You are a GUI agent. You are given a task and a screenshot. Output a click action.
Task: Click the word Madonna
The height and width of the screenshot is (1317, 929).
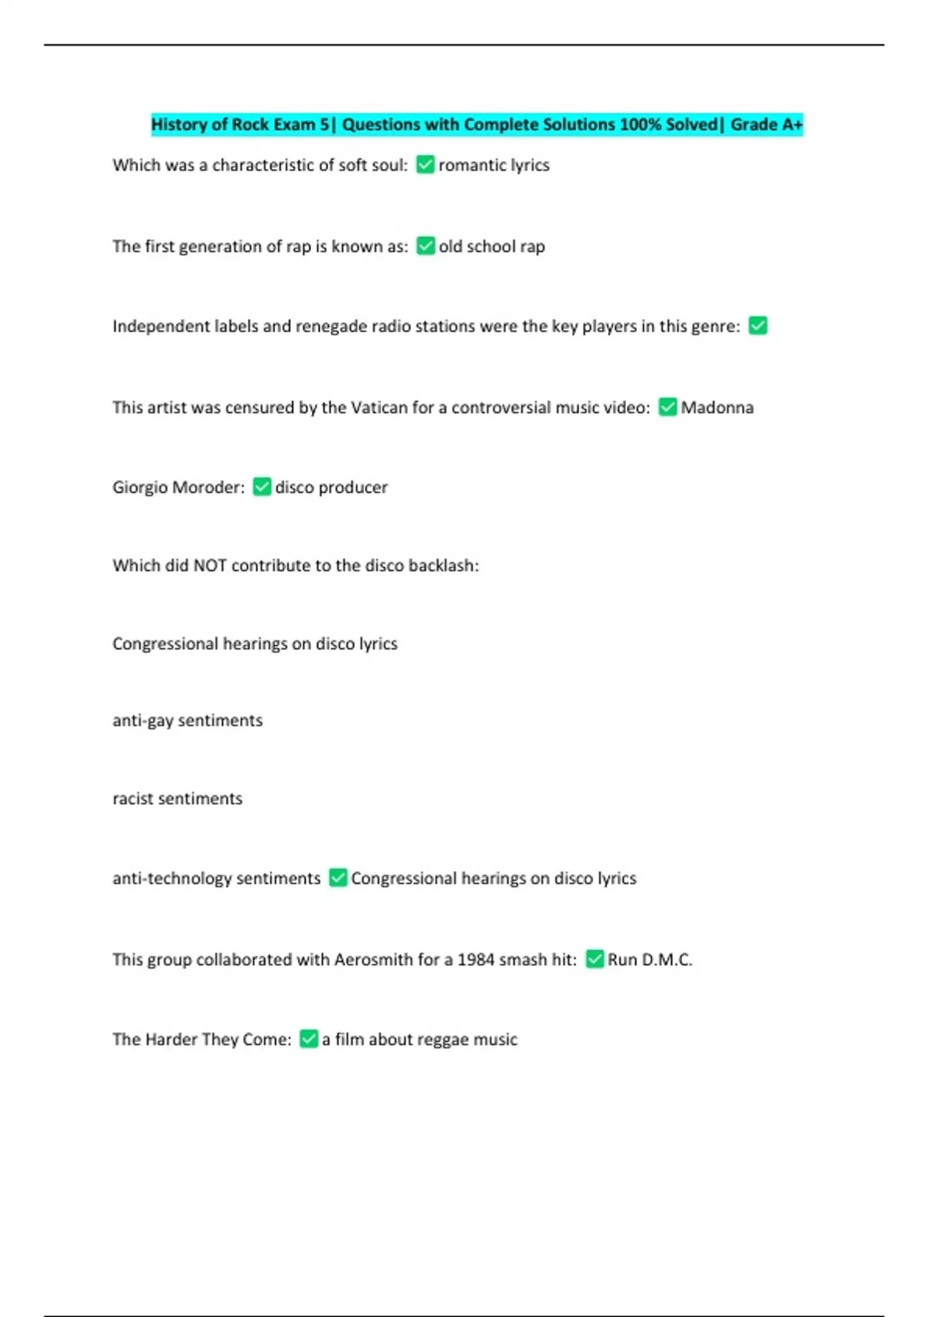[717, 407]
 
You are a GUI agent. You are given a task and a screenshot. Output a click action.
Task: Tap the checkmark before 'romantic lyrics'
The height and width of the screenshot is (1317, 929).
[425, 165]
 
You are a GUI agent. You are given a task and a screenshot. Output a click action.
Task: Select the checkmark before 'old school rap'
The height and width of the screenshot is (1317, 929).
[425, 246]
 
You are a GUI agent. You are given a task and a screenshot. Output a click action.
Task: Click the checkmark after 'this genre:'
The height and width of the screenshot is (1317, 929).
[758, 326]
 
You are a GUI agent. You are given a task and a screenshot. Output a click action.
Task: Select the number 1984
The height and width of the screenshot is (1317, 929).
[475, 960]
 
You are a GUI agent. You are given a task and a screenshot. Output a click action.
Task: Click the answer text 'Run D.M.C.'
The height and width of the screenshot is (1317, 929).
[650, 960]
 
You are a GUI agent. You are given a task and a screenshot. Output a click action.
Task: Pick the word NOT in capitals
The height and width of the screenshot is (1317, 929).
[210, 566]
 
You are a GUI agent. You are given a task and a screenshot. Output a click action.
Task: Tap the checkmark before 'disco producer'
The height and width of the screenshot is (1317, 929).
[262, 487]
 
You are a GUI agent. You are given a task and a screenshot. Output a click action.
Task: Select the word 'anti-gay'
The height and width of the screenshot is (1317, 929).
[143, 720]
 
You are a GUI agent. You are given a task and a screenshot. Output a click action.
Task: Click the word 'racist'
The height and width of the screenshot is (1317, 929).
[132, 799]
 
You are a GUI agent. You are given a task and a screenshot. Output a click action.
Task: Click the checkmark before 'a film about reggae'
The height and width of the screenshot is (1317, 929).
[308, 1040]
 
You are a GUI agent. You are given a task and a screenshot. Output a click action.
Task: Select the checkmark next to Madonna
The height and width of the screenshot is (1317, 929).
[667, 407]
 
